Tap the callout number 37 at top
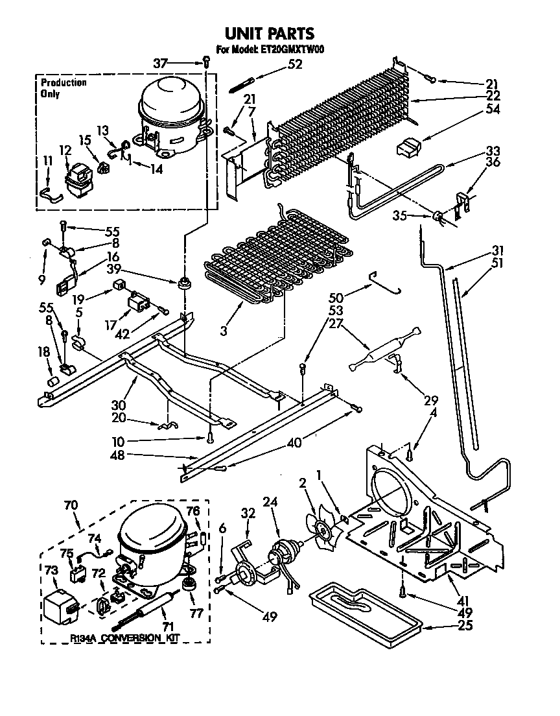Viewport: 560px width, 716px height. (x=160, y=63)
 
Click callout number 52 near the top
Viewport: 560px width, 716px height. (x=295, y=64)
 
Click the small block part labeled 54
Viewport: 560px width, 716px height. (x=408, y=148)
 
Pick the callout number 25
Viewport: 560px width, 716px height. (x=465, y=626)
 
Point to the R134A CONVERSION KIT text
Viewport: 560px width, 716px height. (x=124, y=639)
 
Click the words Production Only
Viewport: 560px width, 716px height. (x=63, y=88)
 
